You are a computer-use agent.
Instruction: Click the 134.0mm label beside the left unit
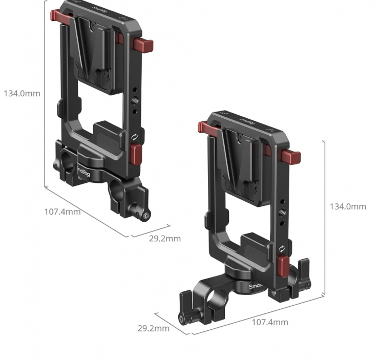pyautogui.click(x=22, y=94)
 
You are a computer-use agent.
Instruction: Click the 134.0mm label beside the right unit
pyautogui.click(x=348, y=206)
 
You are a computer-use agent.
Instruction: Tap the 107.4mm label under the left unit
pyautogui.click(x=62, y=212)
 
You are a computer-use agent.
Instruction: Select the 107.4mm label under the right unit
pyautogui.click(x=270, y=322)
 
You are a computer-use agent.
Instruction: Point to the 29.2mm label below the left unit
pyautogui.click(x=165, y=239)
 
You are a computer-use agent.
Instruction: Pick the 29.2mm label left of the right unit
pyautogui.click(x=154, y=328)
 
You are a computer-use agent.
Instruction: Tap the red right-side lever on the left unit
pyautogui.click(x=143, y=45)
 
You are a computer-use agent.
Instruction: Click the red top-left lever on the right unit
pyautogui.click(x=208, y=128)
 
